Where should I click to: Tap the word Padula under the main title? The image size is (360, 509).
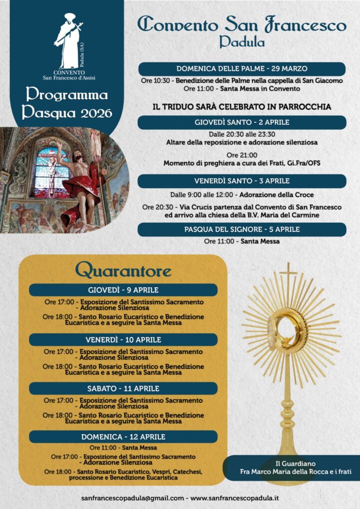click(242, 42)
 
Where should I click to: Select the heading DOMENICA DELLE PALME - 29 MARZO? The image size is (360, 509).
click(242, 69)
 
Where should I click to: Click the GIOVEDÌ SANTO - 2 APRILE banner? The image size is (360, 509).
click(242, 122)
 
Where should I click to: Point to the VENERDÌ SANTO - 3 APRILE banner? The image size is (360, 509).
click(242, 181)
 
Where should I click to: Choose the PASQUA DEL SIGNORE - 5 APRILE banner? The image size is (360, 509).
click(242, 230)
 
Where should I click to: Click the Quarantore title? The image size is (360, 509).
click(123, 271)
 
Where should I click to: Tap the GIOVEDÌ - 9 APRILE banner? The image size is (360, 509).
click(123, 290)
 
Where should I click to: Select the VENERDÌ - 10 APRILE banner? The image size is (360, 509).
click(123, 340)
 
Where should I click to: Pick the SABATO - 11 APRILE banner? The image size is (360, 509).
click(123, 388)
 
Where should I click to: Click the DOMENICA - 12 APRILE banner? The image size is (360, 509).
click(123, 437)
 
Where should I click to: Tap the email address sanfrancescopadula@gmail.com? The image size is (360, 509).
click(132, 498)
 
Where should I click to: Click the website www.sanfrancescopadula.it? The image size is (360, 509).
click(235, 498)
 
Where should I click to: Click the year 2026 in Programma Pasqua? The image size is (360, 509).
click(93, 113)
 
